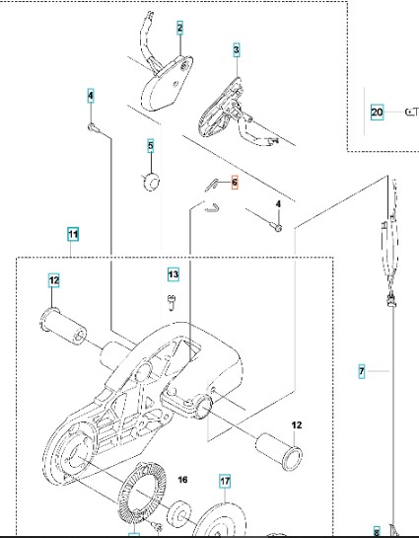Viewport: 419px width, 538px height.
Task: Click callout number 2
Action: click(179, 28)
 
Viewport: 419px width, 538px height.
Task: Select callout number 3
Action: click(237, 49)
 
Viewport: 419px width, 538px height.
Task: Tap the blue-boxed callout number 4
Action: click(91, 96)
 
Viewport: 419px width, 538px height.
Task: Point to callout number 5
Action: click(151, 146)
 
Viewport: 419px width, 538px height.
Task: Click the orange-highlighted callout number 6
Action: click(235, 183)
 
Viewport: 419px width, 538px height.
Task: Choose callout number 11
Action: click(73, 235)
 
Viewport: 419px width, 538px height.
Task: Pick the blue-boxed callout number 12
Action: click(54, 280)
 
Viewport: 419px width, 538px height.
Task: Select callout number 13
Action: click(174, 274)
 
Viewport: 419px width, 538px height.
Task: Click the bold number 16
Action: click(183, 480)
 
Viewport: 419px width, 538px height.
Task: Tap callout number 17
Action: click(225, 482)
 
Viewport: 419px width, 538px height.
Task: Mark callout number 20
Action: click(378, 113)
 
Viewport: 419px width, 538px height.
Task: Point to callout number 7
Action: click(362, 371)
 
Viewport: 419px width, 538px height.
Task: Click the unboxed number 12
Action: click(297, 425)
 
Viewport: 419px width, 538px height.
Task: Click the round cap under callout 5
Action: click(151, 182)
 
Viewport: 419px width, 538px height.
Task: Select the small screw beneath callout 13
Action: click(172, 302)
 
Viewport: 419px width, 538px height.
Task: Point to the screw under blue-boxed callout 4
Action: click(94, 128)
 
